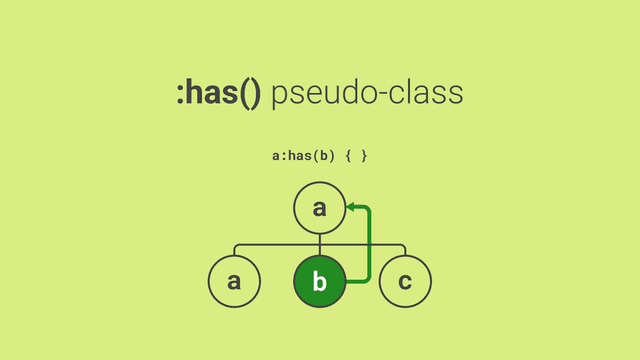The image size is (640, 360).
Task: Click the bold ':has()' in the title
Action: click(219, 93)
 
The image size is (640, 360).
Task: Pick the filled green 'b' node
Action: click(320, 281)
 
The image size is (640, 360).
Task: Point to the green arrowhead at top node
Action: click(351, 207)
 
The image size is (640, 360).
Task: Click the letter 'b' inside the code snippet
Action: click(324, 156)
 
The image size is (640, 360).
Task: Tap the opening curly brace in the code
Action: click(348, 156)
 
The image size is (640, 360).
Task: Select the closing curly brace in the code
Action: click(364, 156)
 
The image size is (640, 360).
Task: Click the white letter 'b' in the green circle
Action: click(320, 281)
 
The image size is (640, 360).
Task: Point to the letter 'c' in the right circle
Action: click(405, 282)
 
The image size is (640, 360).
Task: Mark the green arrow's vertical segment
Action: click(369, 245)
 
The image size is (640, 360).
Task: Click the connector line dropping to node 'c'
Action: click(405, 250)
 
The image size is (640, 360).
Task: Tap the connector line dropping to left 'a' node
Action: click(234, 250)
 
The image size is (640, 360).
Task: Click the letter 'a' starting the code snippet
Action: click(276, 157)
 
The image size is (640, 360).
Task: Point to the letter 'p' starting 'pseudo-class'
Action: click(279, 98)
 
